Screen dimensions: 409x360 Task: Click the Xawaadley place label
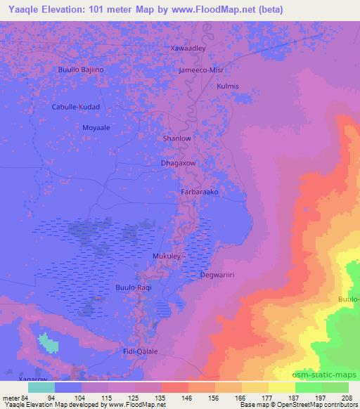pyautogui.click(x=188, y=48)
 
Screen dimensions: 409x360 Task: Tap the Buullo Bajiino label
pyautogui.click(x=80, y=70)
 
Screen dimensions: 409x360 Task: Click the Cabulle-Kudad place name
pyautogui.click(x=77, y=107)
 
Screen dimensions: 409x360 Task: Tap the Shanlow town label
pyautogui.click(x=176, y=138)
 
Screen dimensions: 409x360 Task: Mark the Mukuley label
pyautogui.click(x=167, y=257)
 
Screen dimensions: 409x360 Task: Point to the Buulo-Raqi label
pyautogui.click(x=133, y=287)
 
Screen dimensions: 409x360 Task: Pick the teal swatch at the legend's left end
pyautogui.click(x=41, y=387)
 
